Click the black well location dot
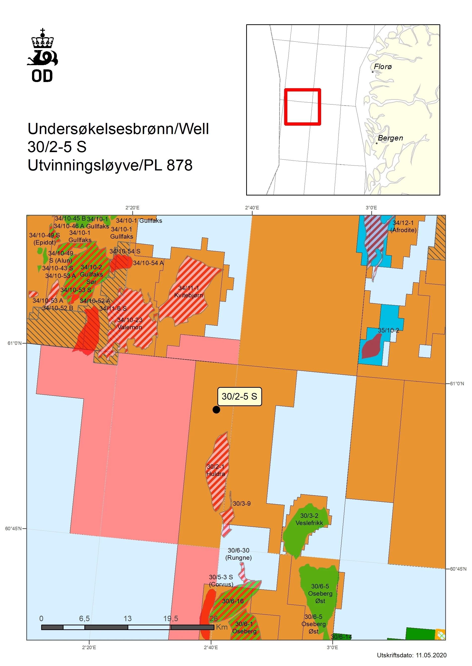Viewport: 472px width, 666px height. pos(216,410)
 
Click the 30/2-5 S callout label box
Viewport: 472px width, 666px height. pos(239,396)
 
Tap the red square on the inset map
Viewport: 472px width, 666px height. pos(302,107)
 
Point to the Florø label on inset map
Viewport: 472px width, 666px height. pos(382,66)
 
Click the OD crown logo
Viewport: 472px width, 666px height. pos(42,55)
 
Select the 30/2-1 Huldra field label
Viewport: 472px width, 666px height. pos(215,470)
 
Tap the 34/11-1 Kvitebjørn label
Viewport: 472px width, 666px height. pos(189,291)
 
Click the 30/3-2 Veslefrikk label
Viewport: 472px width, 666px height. pos(309,519)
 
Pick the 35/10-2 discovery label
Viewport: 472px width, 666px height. pos(388,330)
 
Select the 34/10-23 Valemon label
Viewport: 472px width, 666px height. pos(130,323)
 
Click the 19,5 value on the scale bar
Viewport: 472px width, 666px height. pos(170,618)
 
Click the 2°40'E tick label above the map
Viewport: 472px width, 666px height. pos(252,208)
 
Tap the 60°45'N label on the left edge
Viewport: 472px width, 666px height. pos(13,528)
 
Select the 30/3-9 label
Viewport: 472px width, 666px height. pos(241,503)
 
